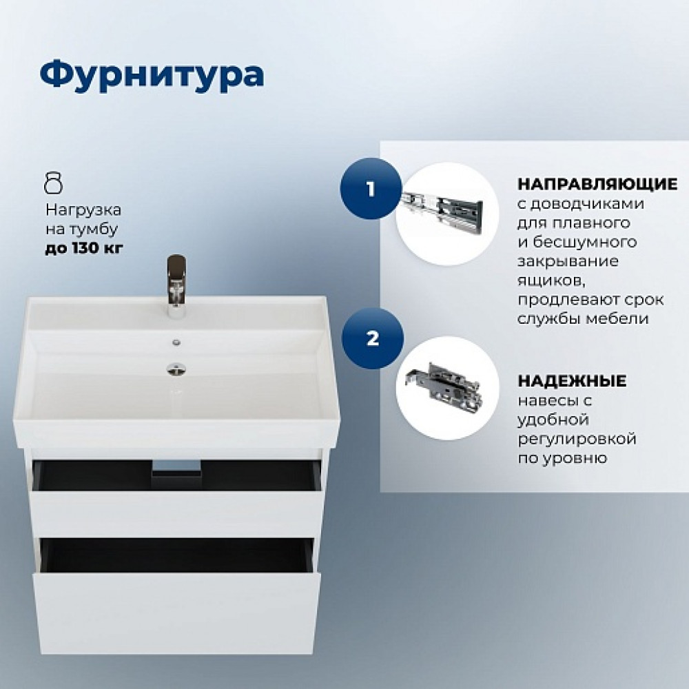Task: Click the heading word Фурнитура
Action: pyautogui.click(x=152, y=76)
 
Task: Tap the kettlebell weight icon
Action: pyautogui.click(x=54, y=183)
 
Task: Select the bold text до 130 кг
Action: pyautogui.click(x=84, y=248)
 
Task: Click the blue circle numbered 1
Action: pyautogui.click(x=371, y=189)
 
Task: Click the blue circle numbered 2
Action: pyautogui.click(x=373, y=338)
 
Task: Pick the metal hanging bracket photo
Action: pyautogui.click(x=444, y=384)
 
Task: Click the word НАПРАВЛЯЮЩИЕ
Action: pyautogui.click(x=597, y=184)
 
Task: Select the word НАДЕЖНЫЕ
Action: pyautogui.click(x=572, y=381)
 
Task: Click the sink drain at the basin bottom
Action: pyautogui.click(x=176, y=369)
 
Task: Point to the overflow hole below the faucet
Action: pyautogui.click(x=176, y=342)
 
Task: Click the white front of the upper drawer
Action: pyautogui.click(x=175, y=513)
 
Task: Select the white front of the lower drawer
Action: pyautogui.click(x=175, y=613)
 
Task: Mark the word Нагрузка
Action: pyautogui.click(x=83, y=210)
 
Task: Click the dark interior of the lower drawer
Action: pyautogui.click(x=176, y=555)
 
